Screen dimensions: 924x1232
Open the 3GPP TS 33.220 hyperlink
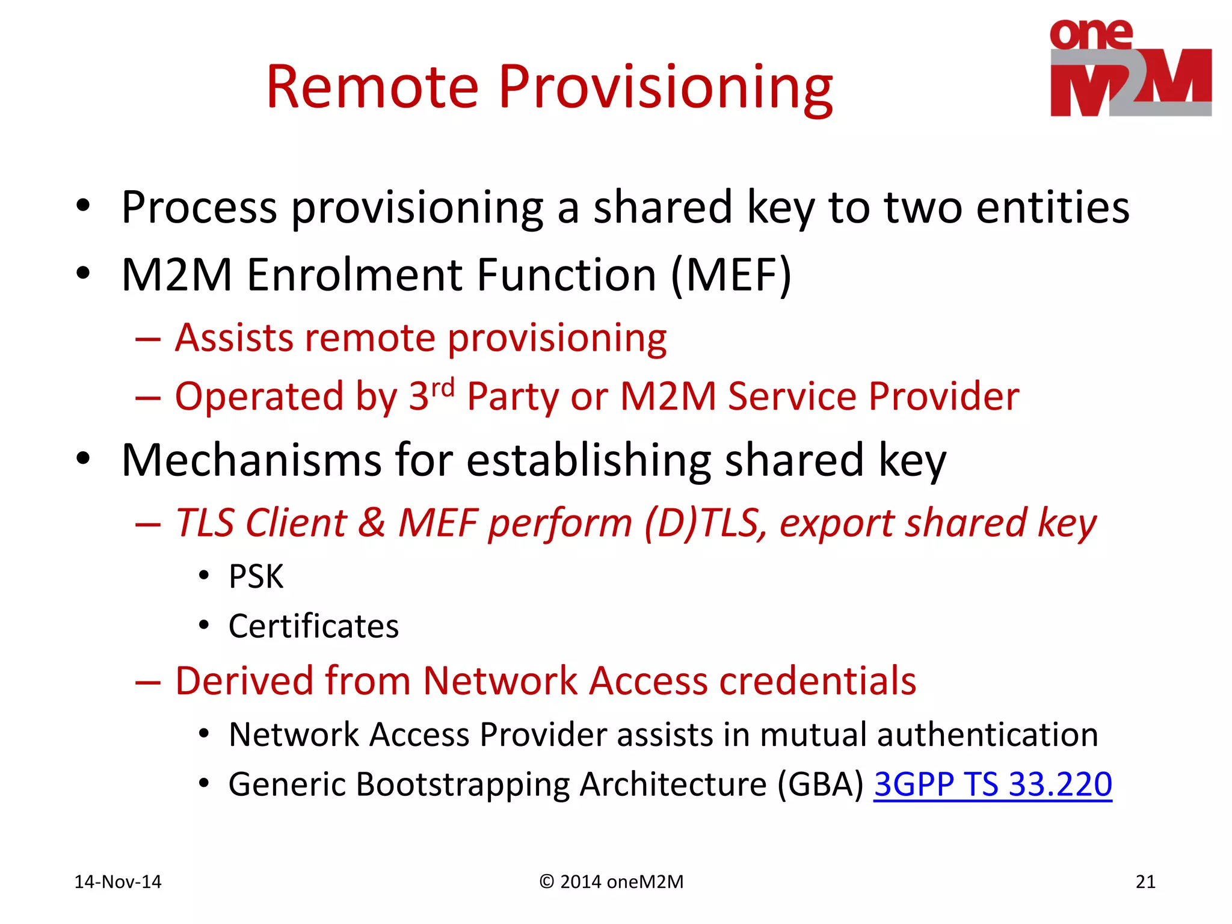pos(993,784)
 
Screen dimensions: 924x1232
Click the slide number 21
pos(1145,882)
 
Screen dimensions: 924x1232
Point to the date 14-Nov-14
pos(118,882)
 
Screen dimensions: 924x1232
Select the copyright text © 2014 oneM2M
pos(611,882)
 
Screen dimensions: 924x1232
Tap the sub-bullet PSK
pos(256,577)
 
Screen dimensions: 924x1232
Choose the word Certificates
pos(313,626)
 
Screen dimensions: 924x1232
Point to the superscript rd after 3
pos(443,388)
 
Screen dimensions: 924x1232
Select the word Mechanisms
pos(251,461)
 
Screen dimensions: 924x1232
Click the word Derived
pos(245,681)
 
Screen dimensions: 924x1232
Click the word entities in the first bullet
pos(1053,208)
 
